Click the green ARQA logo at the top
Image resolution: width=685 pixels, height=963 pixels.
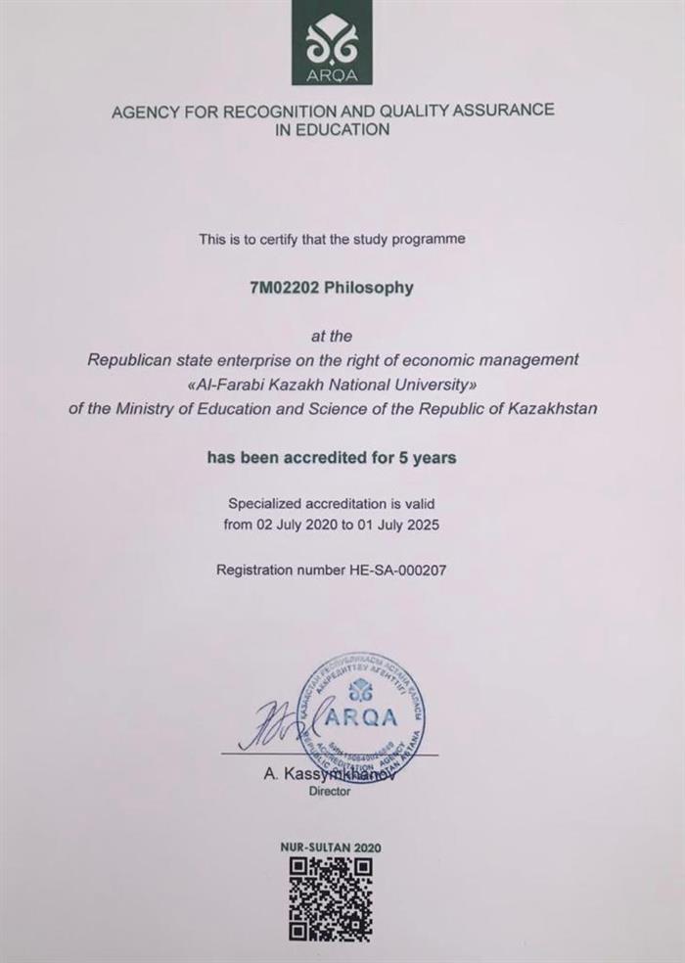tap(332, 42)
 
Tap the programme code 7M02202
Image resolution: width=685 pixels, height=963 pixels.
tap(285, 288)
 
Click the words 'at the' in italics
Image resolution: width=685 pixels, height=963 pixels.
tap(332, 336)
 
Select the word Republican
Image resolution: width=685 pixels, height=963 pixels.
tap(127, 359)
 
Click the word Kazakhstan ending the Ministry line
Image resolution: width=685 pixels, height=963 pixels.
tap(552, 408)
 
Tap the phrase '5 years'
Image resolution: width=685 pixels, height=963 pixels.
tap(430, 457)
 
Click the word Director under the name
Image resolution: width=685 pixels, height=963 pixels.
tap(329, 792)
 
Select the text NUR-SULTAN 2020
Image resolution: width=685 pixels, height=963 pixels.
tap(332, 848)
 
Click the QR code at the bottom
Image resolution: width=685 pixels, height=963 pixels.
tap(331, 898)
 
